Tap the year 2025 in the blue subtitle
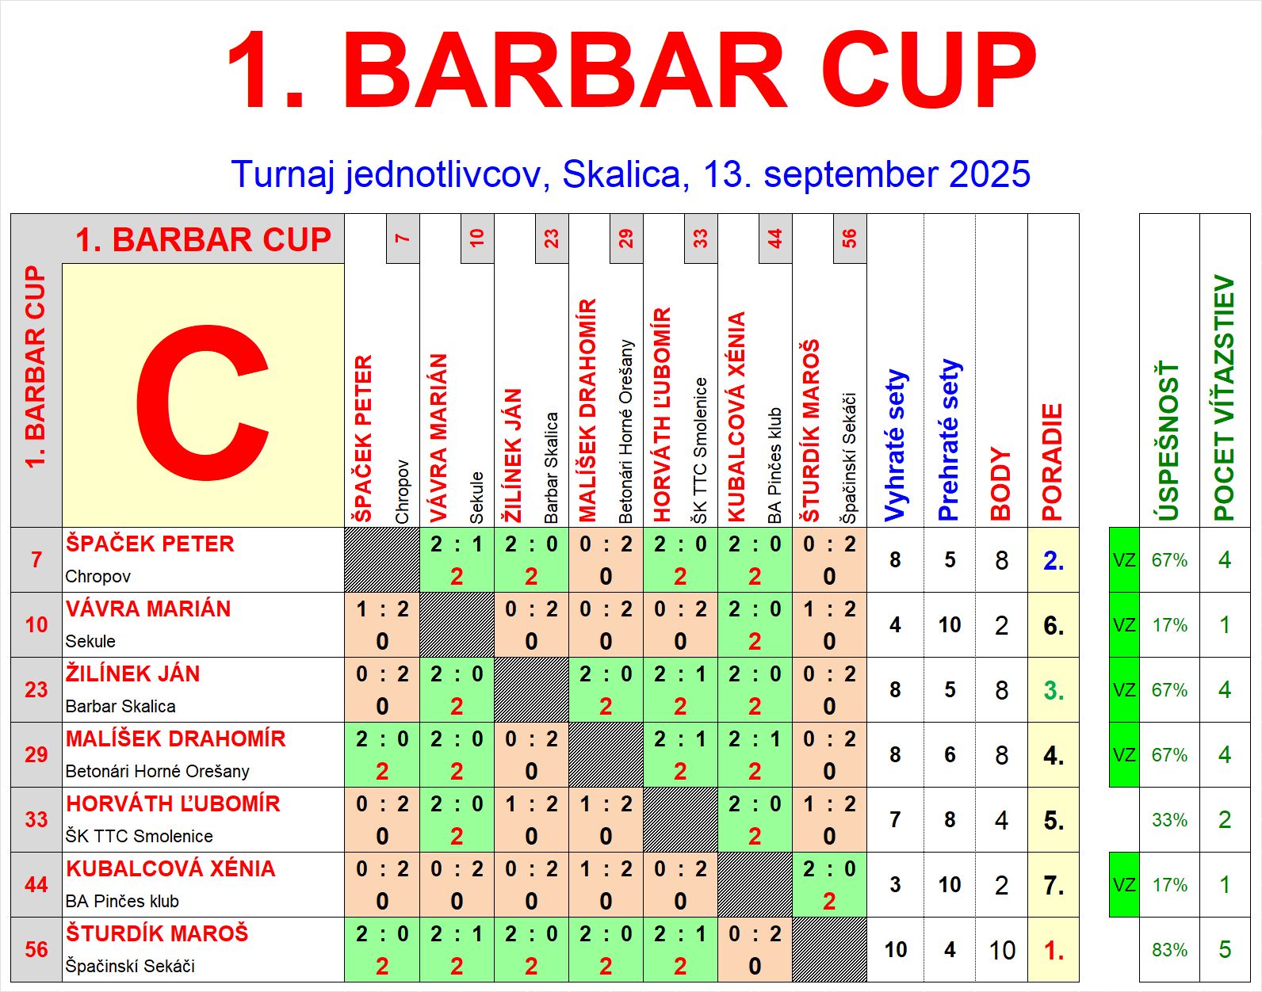[x=989, y=174]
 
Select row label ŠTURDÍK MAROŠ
[x=157, y=933]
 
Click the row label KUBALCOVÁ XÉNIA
[x=170, y=868]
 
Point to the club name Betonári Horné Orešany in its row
[x=157, y=771]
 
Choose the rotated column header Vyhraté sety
[x=896, y=445]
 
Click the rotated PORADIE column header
[x=1052, y=463]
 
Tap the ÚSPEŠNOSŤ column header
[x=1168, y=442]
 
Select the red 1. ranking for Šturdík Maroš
[x=1054, y=950]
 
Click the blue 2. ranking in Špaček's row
[x=1054, y=561]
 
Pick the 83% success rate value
[x=1169, y=950]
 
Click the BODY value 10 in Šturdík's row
[x=1002, y=950]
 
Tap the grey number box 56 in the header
[x=850, y=238]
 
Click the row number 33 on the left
[x=36, y=819]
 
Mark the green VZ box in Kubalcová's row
[x=1124, y=885]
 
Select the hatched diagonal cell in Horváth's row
[x=680, y=819]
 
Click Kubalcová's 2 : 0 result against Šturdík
[x=829, y=885]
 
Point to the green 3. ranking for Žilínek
[x=1054, y=691]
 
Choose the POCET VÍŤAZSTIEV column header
[x=1225, y=398]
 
